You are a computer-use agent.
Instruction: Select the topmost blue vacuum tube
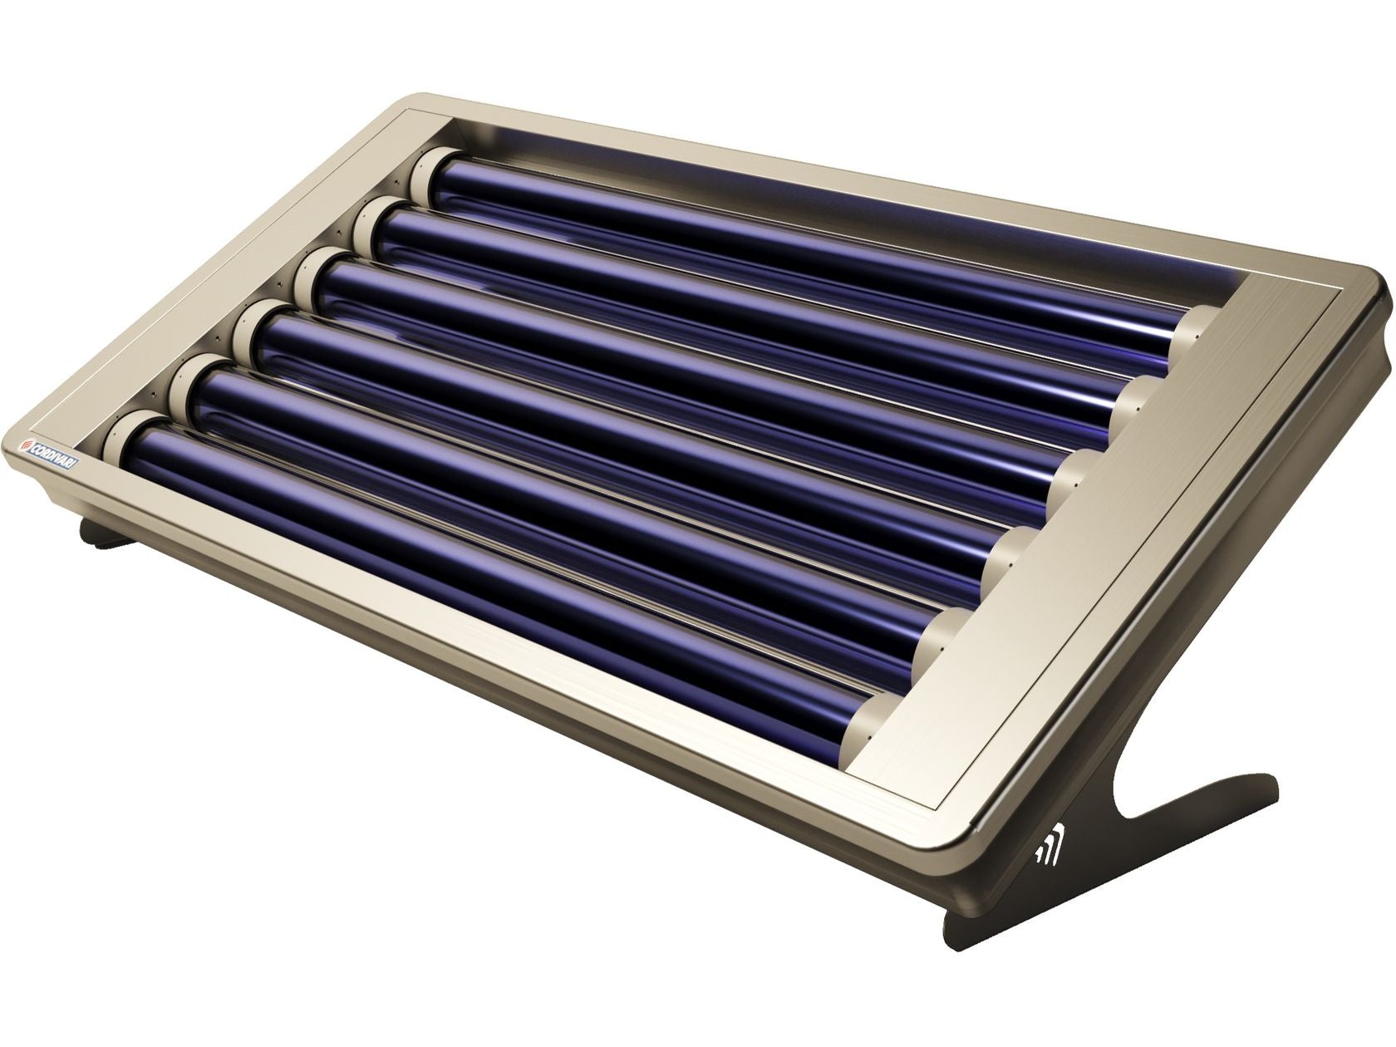point(798,241)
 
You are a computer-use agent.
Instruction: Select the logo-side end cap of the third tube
point(313,270)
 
